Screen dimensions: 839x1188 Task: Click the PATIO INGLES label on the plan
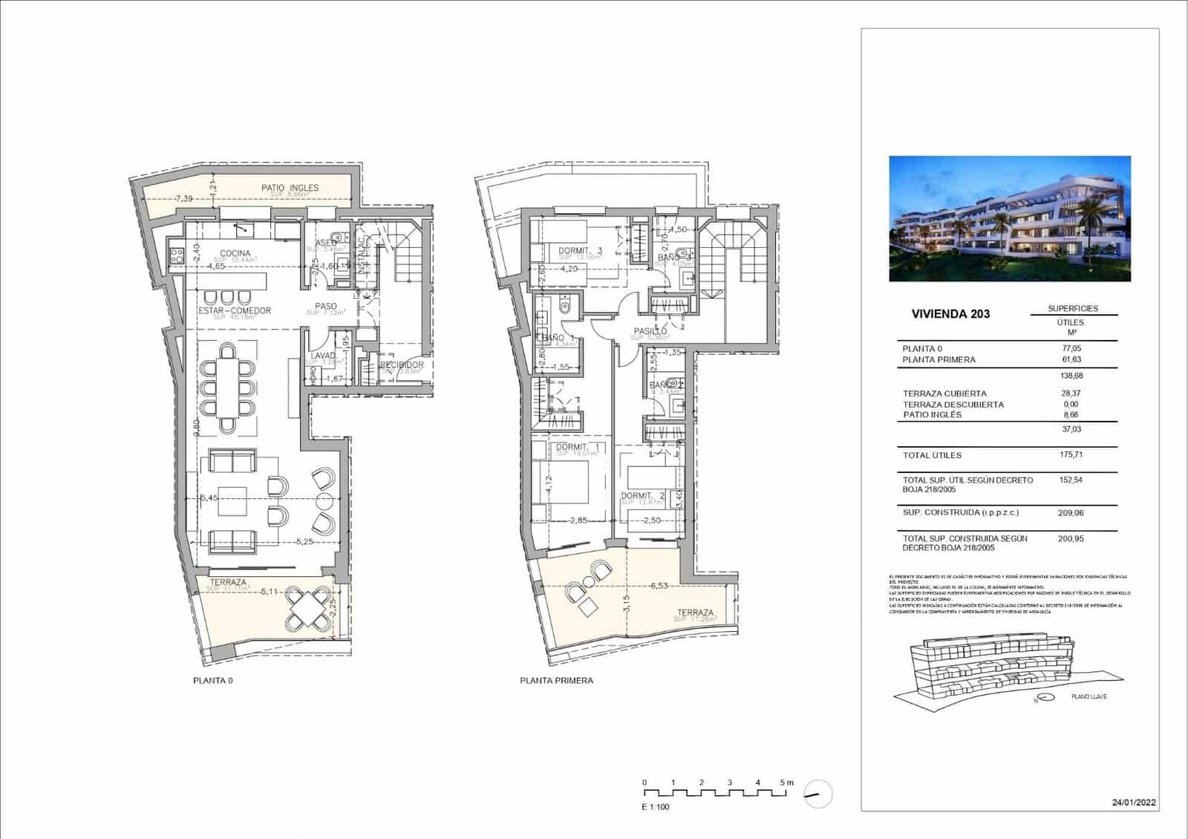(290, 188)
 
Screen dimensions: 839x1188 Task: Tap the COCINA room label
(235, 253)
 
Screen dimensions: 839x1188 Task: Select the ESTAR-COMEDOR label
(235, 310)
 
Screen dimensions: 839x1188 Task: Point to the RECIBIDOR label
(402, 365)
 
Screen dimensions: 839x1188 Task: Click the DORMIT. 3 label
(580, 252)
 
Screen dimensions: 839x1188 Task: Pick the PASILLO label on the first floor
(650, 331)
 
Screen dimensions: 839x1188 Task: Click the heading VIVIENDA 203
(950, 313)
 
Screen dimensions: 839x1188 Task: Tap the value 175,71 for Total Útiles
(1071, 455)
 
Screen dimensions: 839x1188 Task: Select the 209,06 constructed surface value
(1071, 512)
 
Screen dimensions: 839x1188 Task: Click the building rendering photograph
(1010, 218)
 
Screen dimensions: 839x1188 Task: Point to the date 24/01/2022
(1134, 803)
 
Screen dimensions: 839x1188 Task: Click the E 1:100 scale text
(655, 806)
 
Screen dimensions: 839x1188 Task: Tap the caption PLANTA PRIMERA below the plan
(556, 680)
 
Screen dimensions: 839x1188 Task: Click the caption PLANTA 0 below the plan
(212, 680)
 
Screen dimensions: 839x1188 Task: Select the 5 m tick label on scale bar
(786, 783)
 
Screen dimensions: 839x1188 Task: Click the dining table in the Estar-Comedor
(227, 387)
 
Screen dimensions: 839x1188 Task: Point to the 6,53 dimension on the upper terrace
(658, 586)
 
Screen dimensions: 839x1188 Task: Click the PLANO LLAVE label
(1089, 697)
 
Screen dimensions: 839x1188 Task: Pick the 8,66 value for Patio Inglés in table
(1071, 414)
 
